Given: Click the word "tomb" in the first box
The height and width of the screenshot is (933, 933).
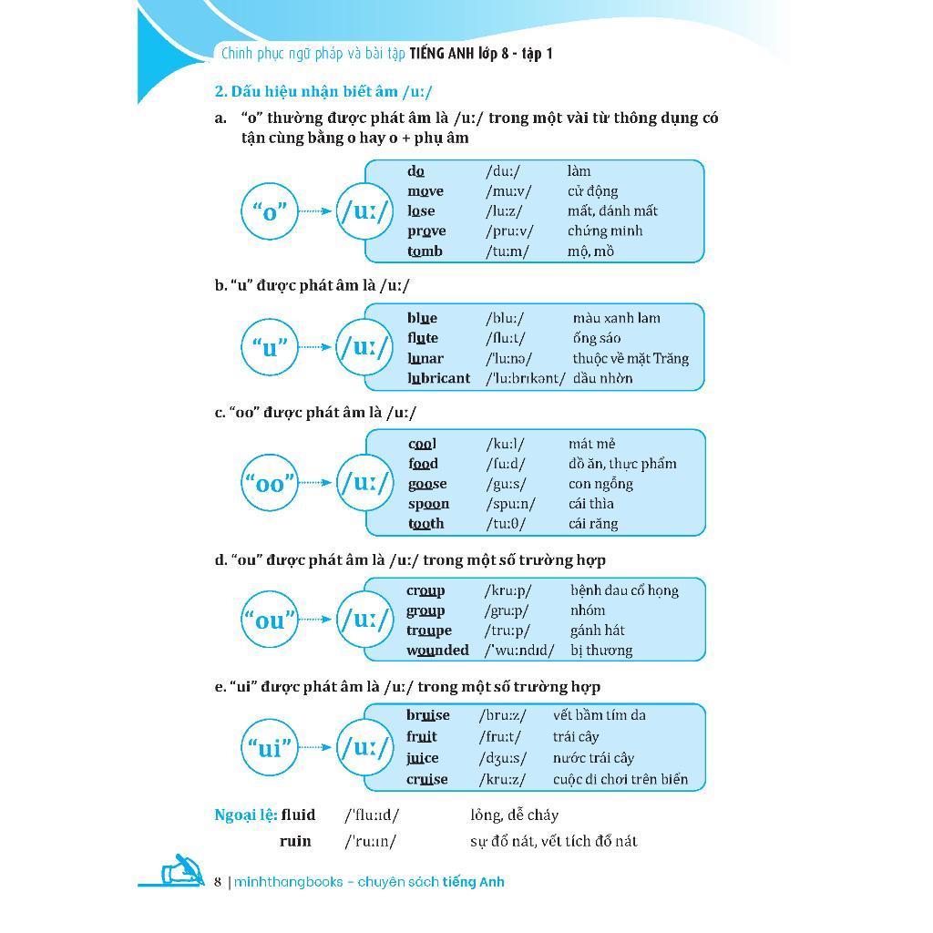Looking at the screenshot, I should click(x=425, y=251).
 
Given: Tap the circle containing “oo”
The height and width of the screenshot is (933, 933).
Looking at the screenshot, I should click(x=270, y=483).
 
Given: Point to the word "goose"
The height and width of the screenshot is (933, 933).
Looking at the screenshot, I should click(x=427, y=484).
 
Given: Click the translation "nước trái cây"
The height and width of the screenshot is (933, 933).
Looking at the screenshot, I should click(x=593, y=758).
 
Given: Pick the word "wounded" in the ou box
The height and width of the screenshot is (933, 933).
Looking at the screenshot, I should click(x=437, y=651).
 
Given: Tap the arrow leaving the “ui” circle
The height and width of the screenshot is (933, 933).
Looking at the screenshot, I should click(x=315, y=748).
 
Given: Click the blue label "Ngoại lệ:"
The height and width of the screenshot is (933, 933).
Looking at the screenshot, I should click(x=245, y=815).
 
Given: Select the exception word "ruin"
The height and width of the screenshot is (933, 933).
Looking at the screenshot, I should click(x=295, y=841).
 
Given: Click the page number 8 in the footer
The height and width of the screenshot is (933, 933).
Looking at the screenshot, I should click(x=218, y=882).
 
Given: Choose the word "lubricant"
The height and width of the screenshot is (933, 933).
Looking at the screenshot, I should click(x=439, y=378).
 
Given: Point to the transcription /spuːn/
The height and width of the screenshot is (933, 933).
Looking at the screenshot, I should click(x=510, y=504).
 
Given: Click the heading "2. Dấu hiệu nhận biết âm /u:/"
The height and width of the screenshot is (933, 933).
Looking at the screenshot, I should click(x=323, y=91).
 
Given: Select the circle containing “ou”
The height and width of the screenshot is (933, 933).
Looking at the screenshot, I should click(x=270, y=620).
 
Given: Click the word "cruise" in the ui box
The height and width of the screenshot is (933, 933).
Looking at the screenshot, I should click(x=427, y=780).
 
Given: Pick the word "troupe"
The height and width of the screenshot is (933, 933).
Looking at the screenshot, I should click(x=429, y=631).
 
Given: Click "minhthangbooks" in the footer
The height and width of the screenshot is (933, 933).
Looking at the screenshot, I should click(x=289, y=882).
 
